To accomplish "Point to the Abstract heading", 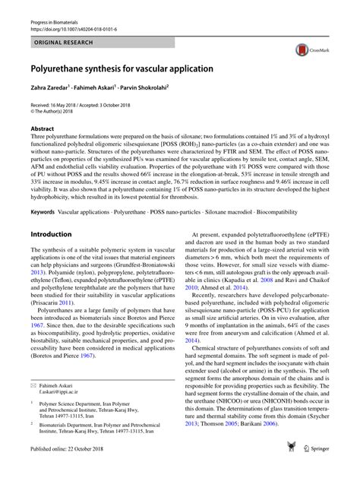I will tap(42, 129).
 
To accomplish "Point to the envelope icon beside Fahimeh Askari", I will tap(33, 407).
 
